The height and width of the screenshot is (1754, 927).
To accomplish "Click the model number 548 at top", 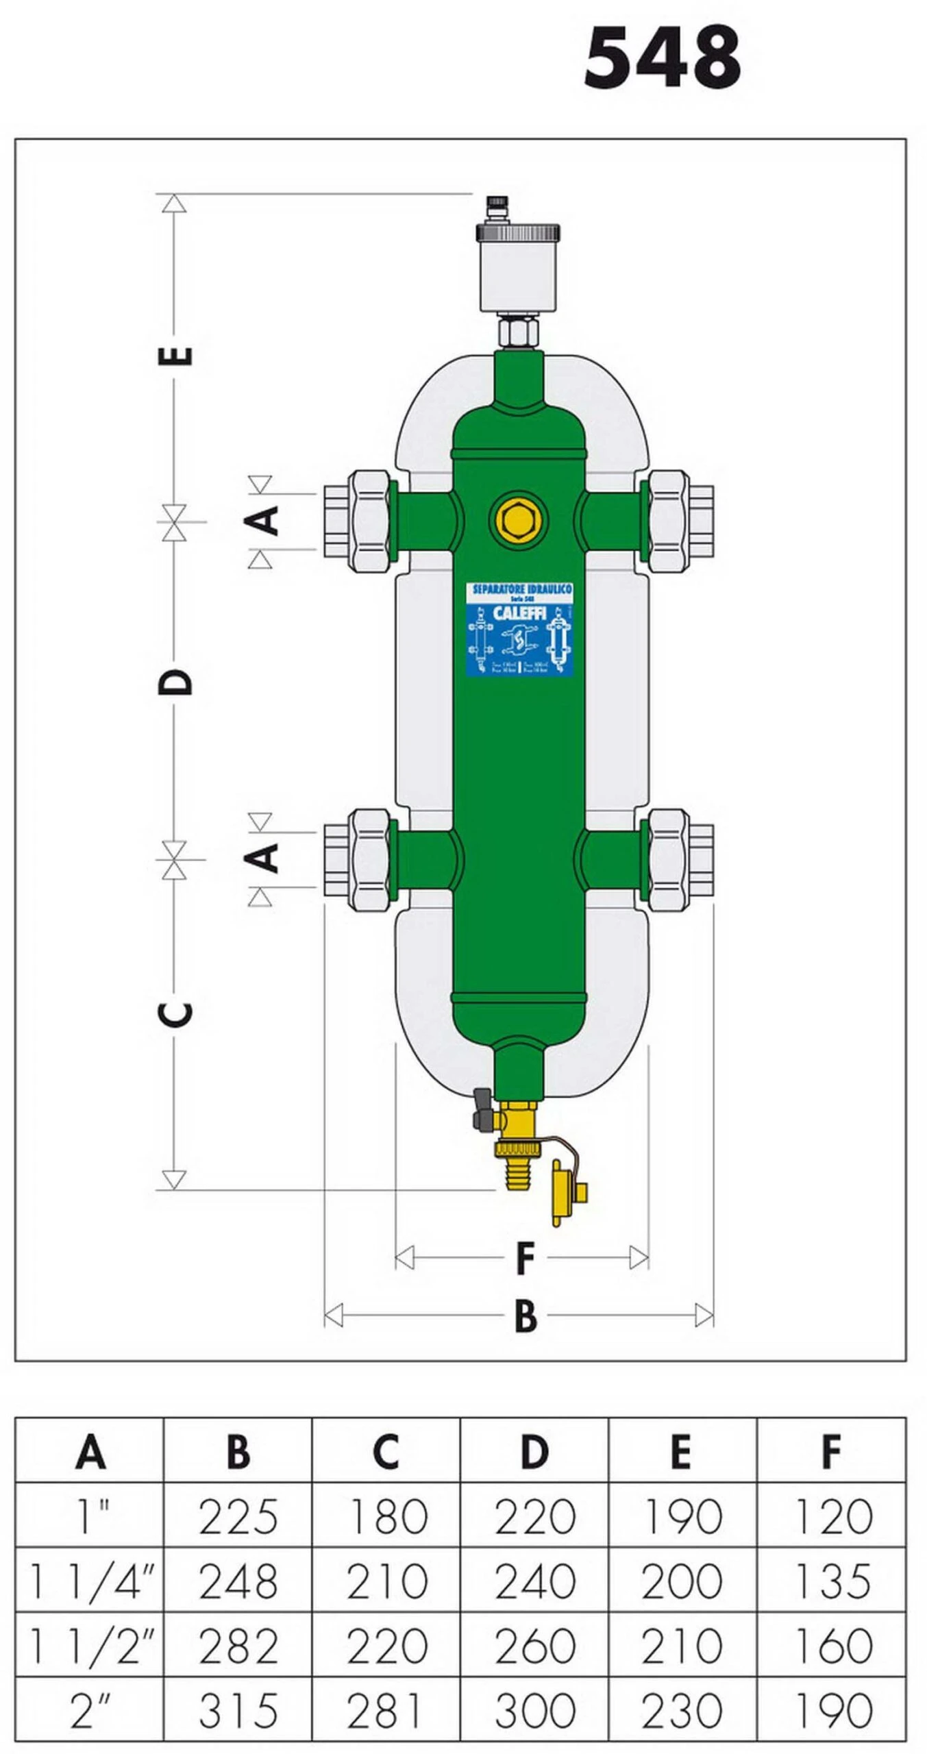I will click(x=662, y=58).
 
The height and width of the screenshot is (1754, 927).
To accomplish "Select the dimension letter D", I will click(x=175, y=682).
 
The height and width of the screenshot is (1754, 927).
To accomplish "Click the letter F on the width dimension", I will click(x=524, y=1258).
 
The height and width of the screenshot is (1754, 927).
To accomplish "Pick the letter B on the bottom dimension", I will click(x=525, y=1315).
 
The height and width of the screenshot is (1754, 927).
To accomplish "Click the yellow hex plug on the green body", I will click(x=519, y=517).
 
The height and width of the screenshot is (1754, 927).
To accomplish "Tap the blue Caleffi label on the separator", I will click(x=519, y=629).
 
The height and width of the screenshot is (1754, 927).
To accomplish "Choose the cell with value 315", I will click(x=238, y=1710).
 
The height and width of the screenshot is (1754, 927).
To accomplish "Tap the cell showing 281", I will click(x=386, y=1710).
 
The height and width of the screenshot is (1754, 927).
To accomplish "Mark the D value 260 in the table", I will click(x=534, y=1646).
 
